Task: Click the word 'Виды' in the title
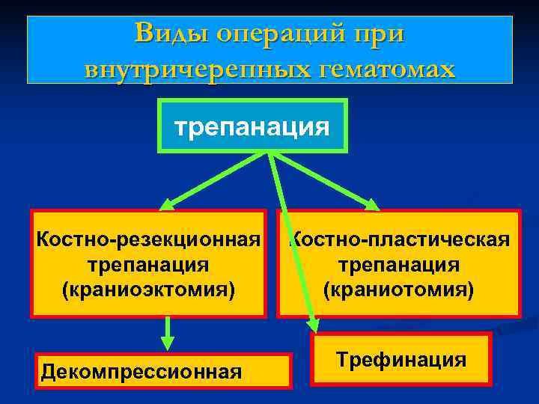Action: click(170, 34)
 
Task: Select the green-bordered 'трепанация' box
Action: click(252, 126)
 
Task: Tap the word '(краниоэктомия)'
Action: click(148, 289)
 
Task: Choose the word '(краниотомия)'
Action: click(399, 289)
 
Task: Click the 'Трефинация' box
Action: click(401, 360)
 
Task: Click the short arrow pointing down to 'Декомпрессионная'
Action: click(168, 333)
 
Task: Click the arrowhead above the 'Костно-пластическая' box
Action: click(372, 203)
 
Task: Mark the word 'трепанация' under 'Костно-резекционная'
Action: click(148, 265)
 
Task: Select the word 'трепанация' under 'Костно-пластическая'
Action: click(399, 265)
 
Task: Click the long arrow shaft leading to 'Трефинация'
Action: click(292, 239)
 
